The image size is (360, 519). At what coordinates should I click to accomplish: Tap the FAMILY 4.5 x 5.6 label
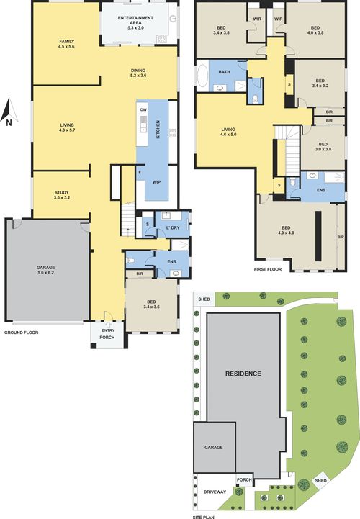(66, 45)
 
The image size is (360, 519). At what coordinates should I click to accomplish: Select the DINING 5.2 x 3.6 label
(138, 72)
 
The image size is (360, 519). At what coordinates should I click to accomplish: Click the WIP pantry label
(156, 182)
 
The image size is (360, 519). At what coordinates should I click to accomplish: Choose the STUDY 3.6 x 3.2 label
(62, 194)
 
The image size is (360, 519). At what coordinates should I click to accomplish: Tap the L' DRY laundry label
(172, 227)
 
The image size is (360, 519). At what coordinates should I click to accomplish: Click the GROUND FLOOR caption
(21, 333)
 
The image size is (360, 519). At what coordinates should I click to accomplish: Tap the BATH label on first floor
(225, 72)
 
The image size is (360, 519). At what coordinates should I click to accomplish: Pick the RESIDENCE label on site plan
(242, 374)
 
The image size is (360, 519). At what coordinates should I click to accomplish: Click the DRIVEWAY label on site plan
(214, 492)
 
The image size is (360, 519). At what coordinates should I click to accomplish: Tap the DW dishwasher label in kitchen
(144, 109)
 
